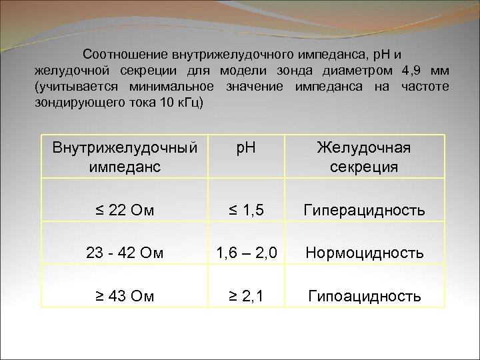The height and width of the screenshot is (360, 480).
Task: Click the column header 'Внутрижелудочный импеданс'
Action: (125, 157)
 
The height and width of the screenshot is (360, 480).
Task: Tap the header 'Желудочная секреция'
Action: (364, 157)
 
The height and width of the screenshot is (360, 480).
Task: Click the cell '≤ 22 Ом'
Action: (125, 211)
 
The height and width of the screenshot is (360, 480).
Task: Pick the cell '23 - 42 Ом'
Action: (125, 253)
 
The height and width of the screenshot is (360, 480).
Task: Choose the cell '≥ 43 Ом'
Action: (125, 296)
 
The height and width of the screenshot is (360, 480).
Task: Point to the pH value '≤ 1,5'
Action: (247, 211)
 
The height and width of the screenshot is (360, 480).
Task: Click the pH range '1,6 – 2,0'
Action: (247, 253)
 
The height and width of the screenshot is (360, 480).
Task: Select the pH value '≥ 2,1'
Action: (247, 296)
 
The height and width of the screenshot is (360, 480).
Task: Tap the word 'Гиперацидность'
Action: (364, 211)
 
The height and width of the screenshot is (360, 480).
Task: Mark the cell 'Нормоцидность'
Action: (364, 253)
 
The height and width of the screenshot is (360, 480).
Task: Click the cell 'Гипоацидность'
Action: (364, 296)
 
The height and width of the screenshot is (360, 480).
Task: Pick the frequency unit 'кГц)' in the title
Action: (193, 103)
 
